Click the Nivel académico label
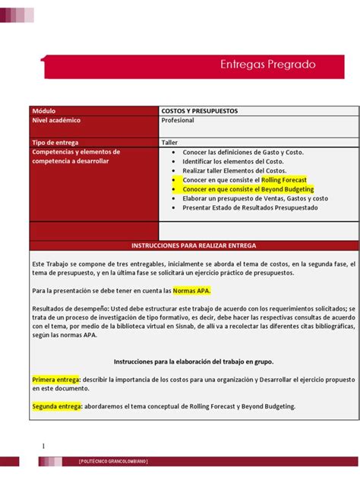click(x=57, y=121)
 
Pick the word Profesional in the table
click(x=178, y=121)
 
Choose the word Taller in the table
click(x=169, y=142)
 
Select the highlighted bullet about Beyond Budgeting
click(x=248, y=188)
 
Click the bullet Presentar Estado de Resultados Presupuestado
click(x=250, y=207)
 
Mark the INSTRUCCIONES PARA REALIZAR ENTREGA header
click(x=194, y=246)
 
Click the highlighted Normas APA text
click(x=191, y=290)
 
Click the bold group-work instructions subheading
click(x=194, y=362)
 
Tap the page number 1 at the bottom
click(x=43, y=445)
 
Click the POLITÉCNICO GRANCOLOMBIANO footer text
click(x=114, y=462)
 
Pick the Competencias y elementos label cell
click(x=76, y=156)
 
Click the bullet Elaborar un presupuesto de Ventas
click(x=255, y=197)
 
